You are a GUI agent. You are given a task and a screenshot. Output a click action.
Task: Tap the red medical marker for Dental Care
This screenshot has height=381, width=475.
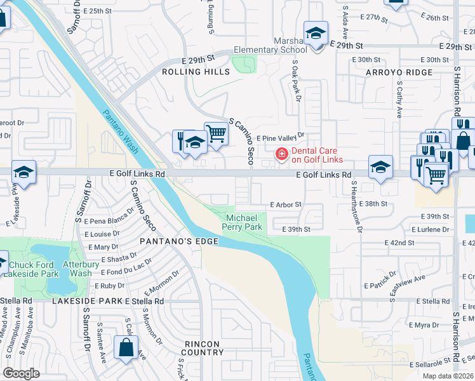point(280,154)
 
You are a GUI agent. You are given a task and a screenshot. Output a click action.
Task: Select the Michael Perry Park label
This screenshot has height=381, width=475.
point(244,222)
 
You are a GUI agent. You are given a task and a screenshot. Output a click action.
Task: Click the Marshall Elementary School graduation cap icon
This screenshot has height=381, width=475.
point(315,34)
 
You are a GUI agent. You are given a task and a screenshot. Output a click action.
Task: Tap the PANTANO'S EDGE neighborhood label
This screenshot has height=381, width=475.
point(179,242)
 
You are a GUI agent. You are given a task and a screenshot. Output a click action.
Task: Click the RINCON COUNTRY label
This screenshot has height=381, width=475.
point(203,348)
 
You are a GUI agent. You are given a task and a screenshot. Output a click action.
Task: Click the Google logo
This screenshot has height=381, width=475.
point(21,373)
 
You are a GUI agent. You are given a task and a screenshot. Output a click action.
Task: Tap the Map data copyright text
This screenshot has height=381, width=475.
point(448,376)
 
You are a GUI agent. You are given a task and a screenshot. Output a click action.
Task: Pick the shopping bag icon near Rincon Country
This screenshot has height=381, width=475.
point(126,348)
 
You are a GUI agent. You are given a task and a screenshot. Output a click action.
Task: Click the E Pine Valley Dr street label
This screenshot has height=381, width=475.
point(280,137)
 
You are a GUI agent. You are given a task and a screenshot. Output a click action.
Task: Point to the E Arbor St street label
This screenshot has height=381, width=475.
point(284,205)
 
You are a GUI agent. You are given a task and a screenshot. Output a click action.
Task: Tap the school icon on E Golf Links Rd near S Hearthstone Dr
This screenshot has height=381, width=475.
point(380,168)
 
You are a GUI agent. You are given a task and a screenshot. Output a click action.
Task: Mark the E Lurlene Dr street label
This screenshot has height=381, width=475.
point(431,229)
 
